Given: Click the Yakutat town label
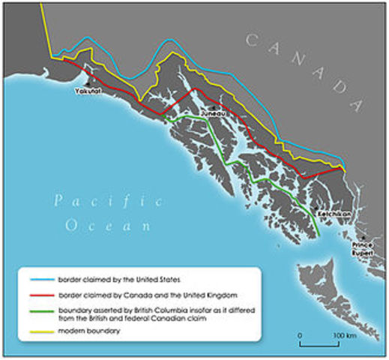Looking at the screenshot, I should pos(86,91).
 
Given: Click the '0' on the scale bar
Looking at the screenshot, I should pos(301,334).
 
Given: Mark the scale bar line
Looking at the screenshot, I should pos(322,345).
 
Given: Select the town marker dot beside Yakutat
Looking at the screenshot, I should pos(91,82).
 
